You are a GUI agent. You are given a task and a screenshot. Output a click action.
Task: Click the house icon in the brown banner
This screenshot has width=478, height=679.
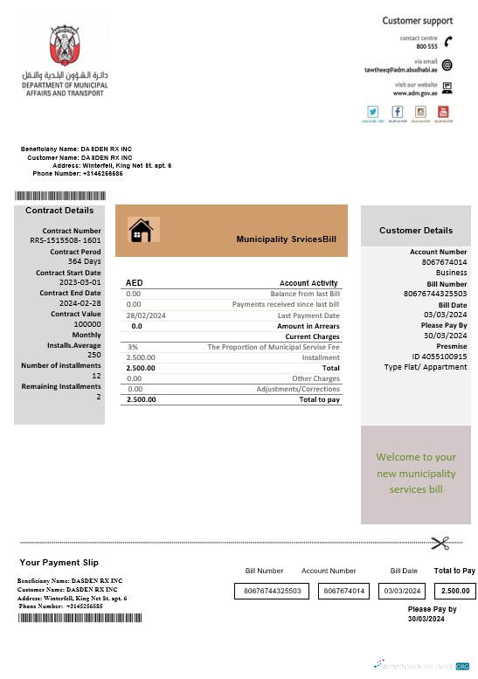coord(141,230)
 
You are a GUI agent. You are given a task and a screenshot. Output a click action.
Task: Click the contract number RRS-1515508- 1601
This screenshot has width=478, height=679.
coord(66,239)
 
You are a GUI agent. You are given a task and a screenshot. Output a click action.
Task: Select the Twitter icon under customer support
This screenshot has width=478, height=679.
coord(373,112)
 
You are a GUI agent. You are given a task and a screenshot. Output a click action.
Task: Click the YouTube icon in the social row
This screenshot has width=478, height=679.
coord(443,112)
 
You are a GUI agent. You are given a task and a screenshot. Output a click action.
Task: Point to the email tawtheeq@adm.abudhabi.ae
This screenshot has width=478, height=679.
coord(401,68)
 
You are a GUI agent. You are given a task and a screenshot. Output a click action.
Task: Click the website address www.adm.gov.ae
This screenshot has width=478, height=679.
coord(413,92)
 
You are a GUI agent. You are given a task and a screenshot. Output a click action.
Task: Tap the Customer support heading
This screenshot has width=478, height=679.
coord(417,20)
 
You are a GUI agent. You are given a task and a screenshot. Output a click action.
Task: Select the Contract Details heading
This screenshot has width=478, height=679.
coord(59,211)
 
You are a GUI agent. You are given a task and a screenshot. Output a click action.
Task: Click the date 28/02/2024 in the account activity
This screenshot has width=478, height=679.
coord(146,315)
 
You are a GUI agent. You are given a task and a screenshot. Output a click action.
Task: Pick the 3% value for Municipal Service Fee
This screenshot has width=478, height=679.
coord(133,347)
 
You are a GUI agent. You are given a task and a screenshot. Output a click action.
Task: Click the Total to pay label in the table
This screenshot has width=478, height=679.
coord(319,399)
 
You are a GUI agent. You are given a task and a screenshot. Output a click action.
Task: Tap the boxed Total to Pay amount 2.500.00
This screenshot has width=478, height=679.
coord(455,591)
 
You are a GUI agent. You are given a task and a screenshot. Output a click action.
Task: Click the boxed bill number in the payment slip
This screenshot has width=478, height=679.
coord(273,591)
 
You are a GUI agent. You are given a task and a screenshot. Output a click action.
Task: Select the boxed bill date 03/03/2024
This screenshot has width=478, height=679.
coord(403,591)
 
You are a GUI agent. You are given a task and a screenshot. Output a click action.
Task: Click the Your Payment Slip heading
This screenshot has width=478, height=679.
coord(59,562)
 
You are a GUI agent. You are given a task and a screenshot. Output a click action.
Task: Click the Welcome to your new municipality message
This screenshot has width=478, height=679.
coord(416,473)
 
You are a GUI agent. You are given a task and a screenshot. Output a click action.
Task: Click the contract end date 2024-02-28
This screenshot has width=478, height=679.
coord(80,303)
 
